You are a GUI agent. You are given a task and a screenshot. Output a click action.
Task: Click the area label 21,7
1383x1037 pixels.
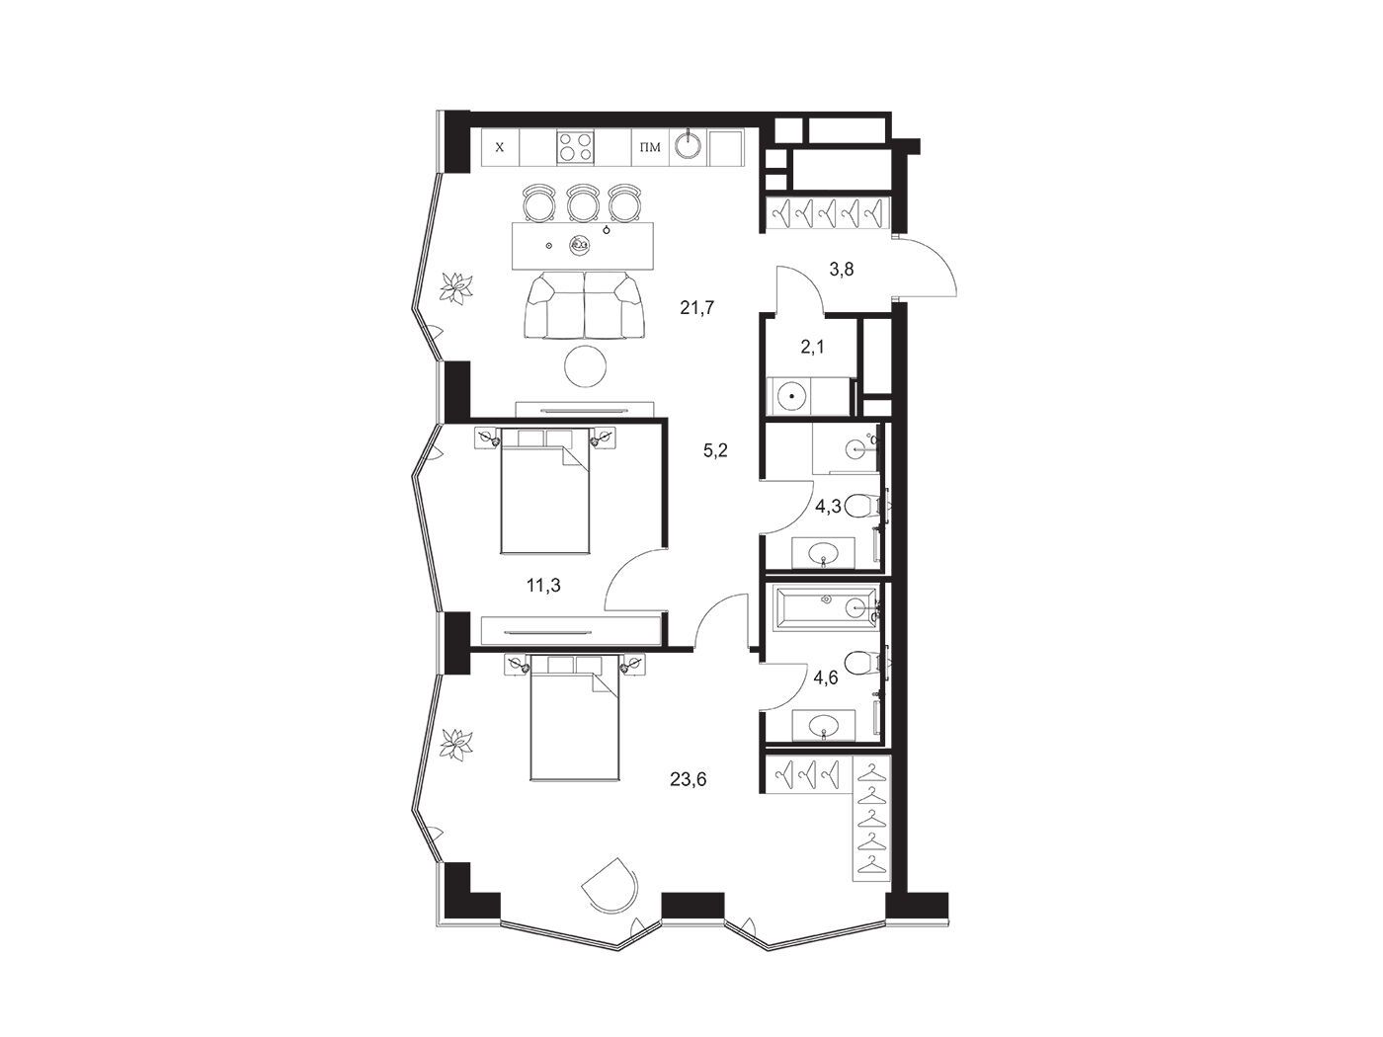(696, 308)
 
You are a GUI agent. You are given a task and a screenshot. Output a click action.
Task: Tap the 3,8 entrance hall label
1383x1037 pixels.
(841, 270)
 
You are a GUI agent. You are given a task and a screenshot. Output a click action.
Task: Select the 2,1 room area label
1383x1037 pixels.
(812, 347)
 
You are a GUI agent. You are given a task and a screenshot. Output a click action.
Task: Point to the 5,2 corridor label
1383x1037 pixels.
(715, 450)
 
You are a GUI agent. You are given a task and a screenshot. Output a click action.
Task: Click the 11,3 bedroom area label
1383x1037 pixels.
(543, 586)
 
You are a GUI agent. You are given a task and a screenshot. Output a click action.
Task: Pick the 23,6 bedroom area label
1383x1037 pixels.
(688, 779)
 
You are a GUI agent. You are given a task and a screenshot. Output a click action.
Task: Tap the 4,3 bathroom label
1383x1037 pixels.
(828, 507)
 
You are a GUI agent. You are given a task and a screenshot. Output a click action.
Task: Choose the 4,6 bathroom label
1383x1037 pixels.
(826, 678)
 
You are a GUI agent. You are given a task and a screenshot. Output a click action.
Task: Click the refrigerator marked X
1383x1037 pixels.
(500, 147)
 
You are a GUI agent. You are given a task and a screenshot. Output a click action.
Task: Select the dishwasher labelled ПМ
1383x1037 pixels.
(650, 147)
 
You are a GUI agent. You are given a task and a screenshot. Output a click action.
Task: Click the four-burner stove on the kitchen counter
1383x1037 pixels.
(575, 147)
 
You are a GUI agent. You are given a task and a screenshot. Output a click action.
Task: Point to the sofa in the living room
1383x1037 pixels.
(585, 305)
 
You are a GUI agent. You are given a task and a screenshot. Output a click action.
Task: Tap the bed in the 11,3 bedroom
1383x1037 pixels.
(544, 491)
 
